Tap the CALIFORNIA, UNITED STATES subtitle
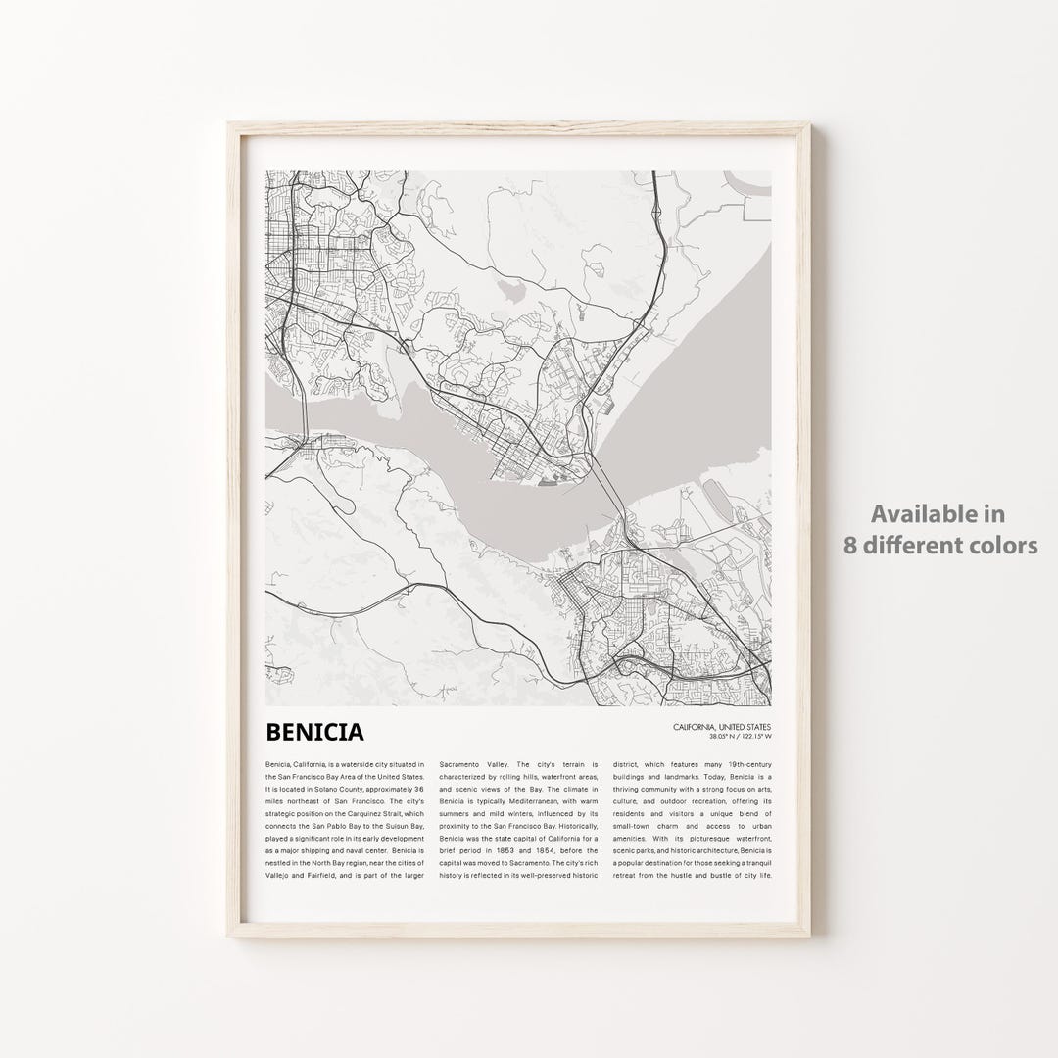(722, 726)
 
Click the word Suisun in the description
(392, 825)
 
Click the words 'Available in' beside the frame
(938, 513)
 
